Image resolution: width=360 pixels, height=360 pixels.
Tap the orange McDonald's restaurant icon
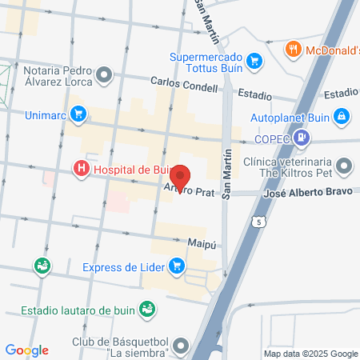click(x=294, y=50)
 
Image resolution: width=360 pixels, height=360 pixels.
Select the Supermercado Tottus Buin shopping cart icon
click(x=254, y=60)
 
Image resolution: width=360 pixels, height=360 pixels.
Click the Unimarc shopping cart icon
click(x=78, y=114)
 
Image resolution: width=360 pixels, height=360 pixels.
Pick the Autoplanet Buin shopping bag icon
click(x=342, y=116)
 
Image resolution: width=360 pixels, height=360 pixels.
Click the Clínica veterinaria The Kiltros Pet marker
click(x=344, y=167)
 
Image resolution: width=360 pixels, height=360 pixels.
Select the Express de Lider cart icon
click(x=178, y=266)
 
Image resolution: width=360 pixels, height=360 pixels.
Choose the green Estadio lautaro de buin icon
click(x=146, y=309)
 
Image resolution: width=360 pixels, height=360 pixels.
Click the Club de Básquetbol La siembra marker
click(x=182, y=346)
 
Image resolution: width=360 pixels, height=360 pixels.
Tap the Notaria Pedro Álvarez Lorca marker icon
click(x=104, y=76)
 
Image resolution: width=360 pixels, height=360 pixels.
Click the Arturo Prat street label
click(x=190, y=189)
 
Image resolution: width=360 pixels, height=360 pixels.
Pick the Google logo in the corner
click(x=26, y=350)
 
